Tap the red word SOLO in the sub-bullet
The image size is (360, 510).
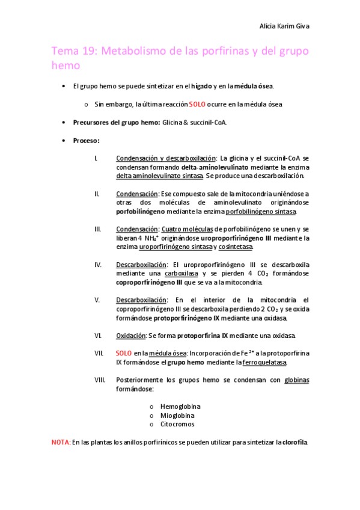click(197, 104)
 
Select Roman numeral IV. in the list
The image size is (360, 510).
click(98, 264)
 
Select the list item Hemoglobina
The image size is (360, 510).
click(180, 407)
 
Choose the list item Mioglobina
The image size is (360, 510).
click(177, 415)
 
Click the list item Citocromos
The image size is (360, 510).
click(177, 424)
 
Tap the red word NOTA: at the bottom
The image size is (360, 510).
click(61, 442)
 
